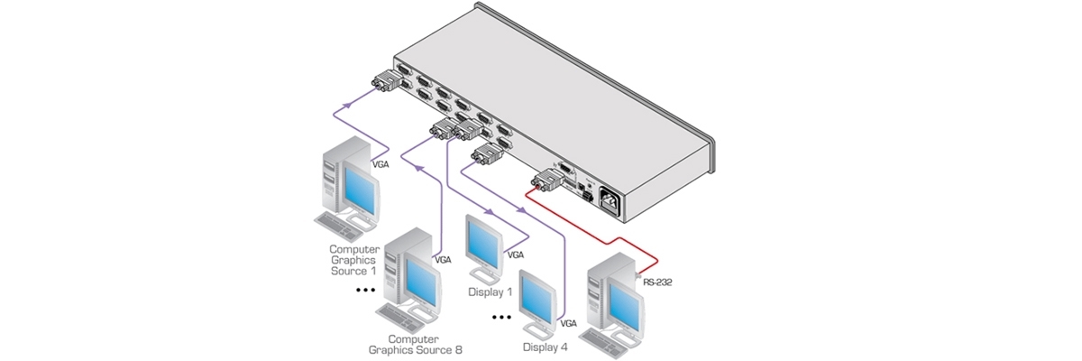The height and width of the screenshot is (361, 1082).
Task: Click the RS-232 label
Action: pos(657,282)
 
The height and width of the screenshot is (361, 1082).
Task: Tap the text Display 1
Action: pos(490,292)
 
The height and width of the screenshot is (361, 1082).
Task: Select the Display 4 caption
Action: pos(546,345)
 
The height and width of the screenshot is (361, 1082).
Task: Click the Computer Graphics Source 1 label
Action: pos(353,260)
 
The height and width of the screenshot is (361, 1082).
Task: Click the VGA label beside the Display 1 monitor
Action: pos(516,255)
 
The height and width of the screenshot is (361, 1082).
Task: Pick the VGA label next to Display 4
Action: pos(568,322)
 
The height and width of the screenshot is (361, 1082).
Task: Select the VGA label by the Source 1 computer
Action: pos(381,165)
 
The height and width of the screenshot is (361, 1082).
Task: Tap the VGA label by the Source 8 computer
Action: pos(443,260)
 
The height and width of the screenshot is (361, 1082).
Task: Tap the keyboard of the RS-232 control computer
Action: pos(607,338)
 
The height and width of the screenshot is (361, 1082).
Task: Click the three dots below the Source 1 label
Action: pos(365,291)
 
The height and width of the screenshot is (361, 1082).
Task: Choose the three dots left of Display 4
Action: pos(501,318)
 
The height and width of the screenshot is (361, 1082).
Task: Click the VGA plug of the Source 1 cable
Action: pos(385,83)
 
